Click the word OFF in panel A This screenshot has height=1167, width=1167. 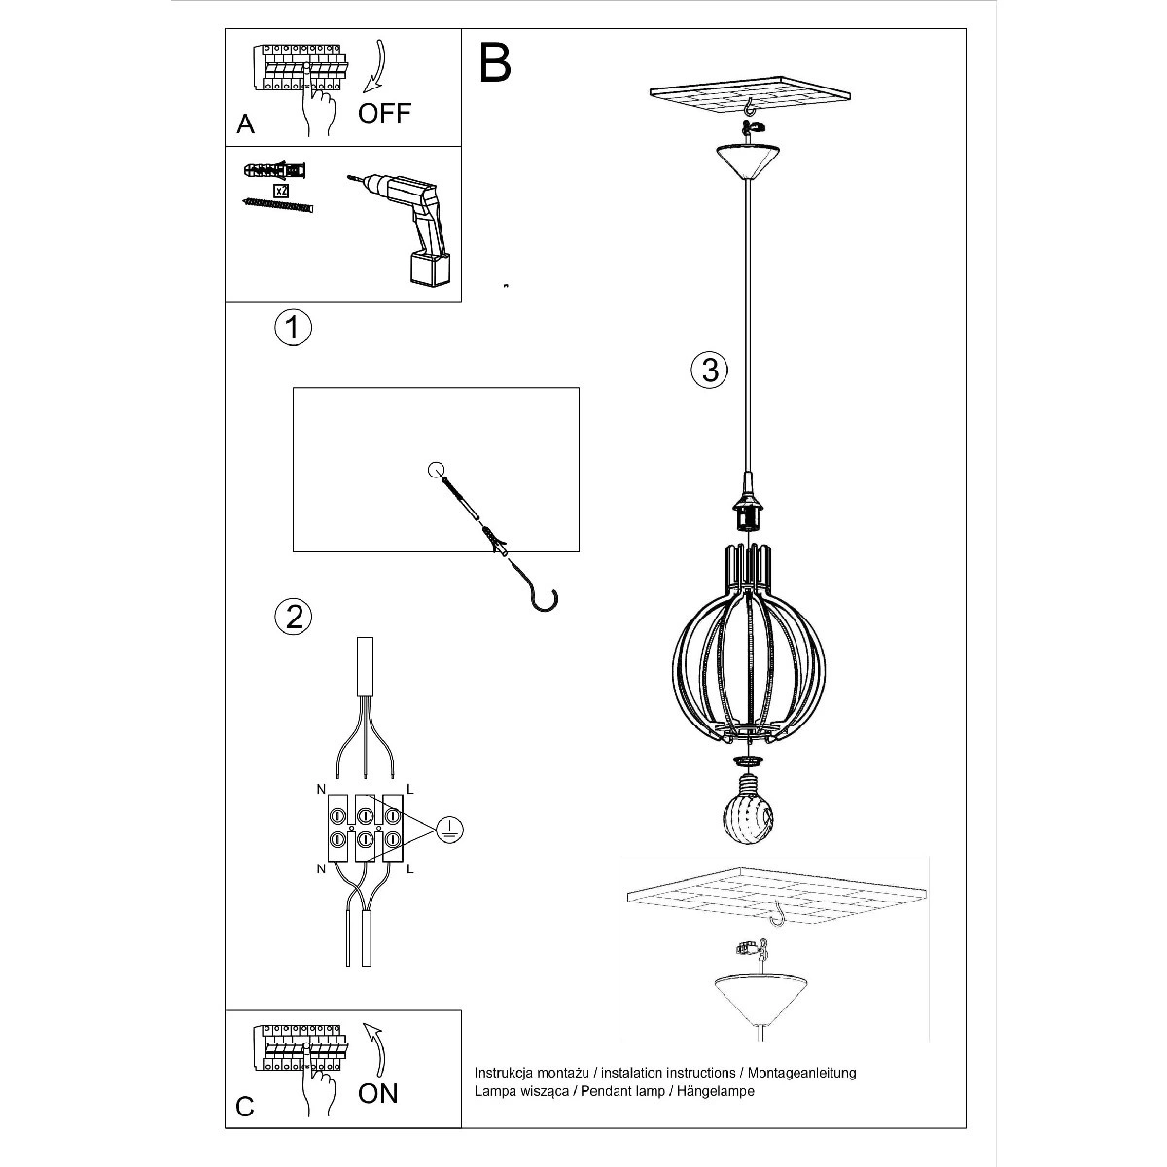(x=384, y=113)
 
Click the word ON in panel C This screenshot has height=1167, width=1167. (x=378, y=1094)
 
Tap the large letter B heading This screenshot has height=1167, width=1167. (x=495, y=63)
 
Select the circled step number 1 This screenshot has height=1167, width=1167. (x=293, y=328)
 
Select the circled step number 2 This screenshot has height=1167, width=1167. (x=294, y=618)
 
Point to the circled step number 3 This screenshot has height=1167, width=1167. (x=710, y=370)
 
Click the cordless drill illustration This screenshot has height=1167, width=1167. (x=402, y=229)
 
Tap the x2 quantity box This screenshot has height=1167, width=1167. (x=280, y=191)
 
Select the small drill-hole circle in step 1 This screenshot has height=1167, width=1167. (x=436, y=470)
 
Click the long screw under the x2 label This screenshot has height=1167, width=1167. (x=277, y=205)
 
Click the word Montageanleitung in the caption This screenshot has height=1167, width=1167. (x=801, y=1073)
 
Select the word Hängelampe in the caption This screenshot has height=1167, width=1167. (x=715, y=1091)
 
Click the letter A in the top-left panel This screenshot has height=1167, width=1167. (x=245, y=124)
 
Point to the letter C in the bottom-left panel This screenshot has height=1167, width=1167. (x=245, y=1107)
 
